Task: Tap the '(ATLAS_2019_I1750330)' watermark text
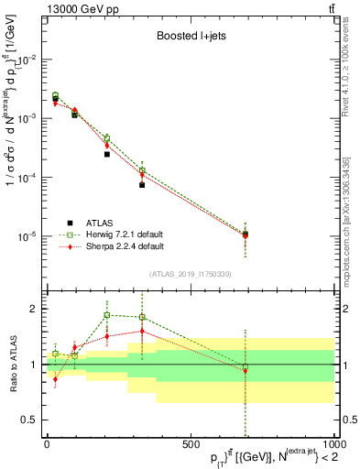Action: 190,274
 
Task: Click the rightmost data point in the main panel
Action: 245,235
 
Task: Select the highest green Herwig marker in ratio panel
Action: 107,315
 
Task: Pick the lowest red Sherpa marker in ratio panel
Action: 56,378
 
